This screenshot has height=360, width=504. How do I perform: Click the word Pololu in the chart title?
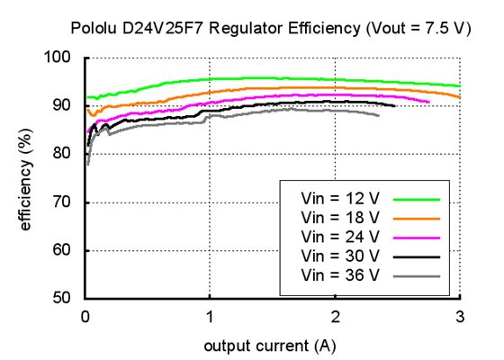93,28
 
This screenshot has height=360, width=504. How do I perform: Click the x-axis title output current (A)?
271,345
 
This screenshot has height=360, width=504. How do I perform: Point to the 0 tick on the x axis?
85,316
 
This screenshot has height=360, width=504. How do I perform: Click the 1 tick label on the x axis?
210,316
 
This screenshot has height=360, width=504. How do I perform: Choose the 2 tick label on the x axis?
335,316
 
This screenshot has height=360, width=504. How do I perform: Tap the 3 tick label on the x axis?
460,316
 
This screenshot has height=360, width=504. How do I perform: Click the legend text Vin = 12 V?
340,197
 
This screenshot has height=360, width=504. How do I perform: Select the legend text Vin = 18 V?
340,217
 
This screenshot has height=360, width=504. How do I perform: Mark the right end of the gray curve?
379,115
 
